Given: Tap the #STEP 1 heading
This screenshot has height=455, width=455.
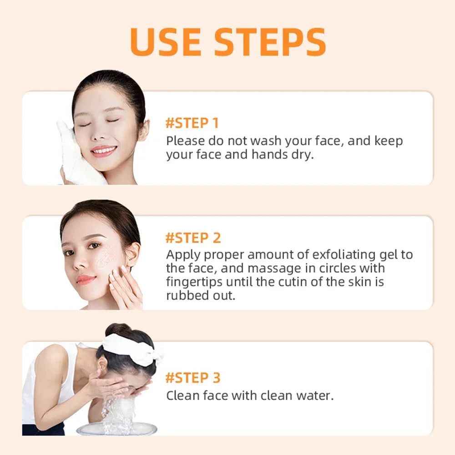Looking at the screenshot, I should click(x=192, y=123).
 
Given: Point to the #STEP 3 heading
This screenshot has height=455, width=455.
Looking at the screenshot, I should click(x=193, y=378).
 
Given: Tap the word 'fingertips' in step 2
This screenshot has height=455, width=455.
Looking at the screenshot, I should click(x=194, y=282).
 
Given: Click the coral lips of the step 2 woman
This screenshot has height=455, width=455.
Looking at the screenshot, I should click(x=86, y=279).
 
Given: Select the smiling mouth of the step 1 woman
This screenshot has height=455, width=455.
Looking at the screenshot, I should click(x=103, y=150).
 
